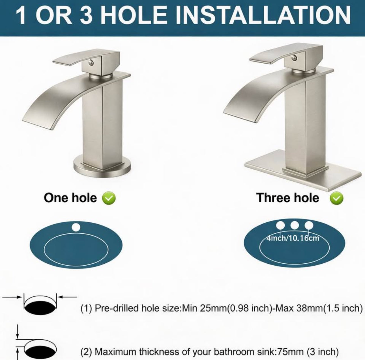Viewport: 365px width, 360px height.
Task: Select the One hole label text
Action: [x=70, y=198]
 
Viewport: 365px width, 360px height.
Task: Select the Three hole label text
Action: [x=287, y=198]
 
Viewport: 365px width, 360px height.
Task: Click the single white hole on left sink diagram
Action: [x=76, y=227]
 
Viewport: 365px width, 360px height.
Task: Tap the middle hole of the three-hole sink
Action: [x=295, y=225]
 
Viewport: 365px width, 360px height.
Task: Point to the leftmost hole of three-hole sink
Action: [x=280, y=225]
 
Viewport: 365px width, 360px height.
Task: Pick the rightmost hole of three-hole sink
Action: [x=309, y=225]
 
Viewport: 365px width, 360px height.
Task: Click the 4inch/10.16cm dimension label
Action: [x=293, y=238]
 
